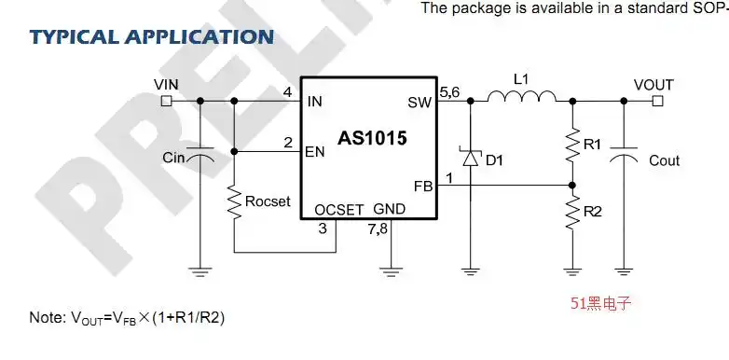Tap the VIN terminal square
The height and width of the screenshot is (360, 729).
coord(166,101)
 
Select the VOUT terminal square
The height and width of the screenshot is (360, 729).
coord(657,101)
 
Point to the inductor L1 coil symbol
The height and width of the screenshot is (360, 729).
coord(522,96)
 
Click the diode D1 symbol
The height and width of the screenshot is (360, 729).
coord(470,159)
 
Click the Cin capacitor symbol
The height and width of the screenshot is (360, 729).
coord(199,158)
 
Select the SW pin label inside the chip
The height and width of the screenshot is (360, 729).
coord(420,102)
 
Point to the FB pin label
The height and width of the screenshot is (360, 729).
coord(423,186)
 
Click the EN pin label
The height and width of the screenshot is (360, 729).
coord(314,152)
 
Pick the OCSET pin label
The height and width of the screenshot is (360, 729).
coord(338,209)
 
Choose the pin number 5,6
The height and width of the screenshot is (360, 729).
coord(448,91)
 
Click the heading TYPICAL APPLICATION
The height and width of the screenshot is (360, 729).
coord(151,37)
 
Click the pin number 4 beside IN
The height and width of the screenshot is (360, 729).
coord(288,91)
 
